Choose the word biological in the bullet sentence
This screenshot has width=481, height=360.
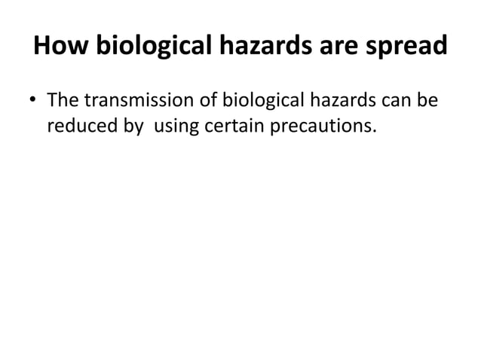[x=264, y=100]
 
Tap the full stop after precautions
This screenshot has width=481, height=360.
[x=353, y=133]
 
